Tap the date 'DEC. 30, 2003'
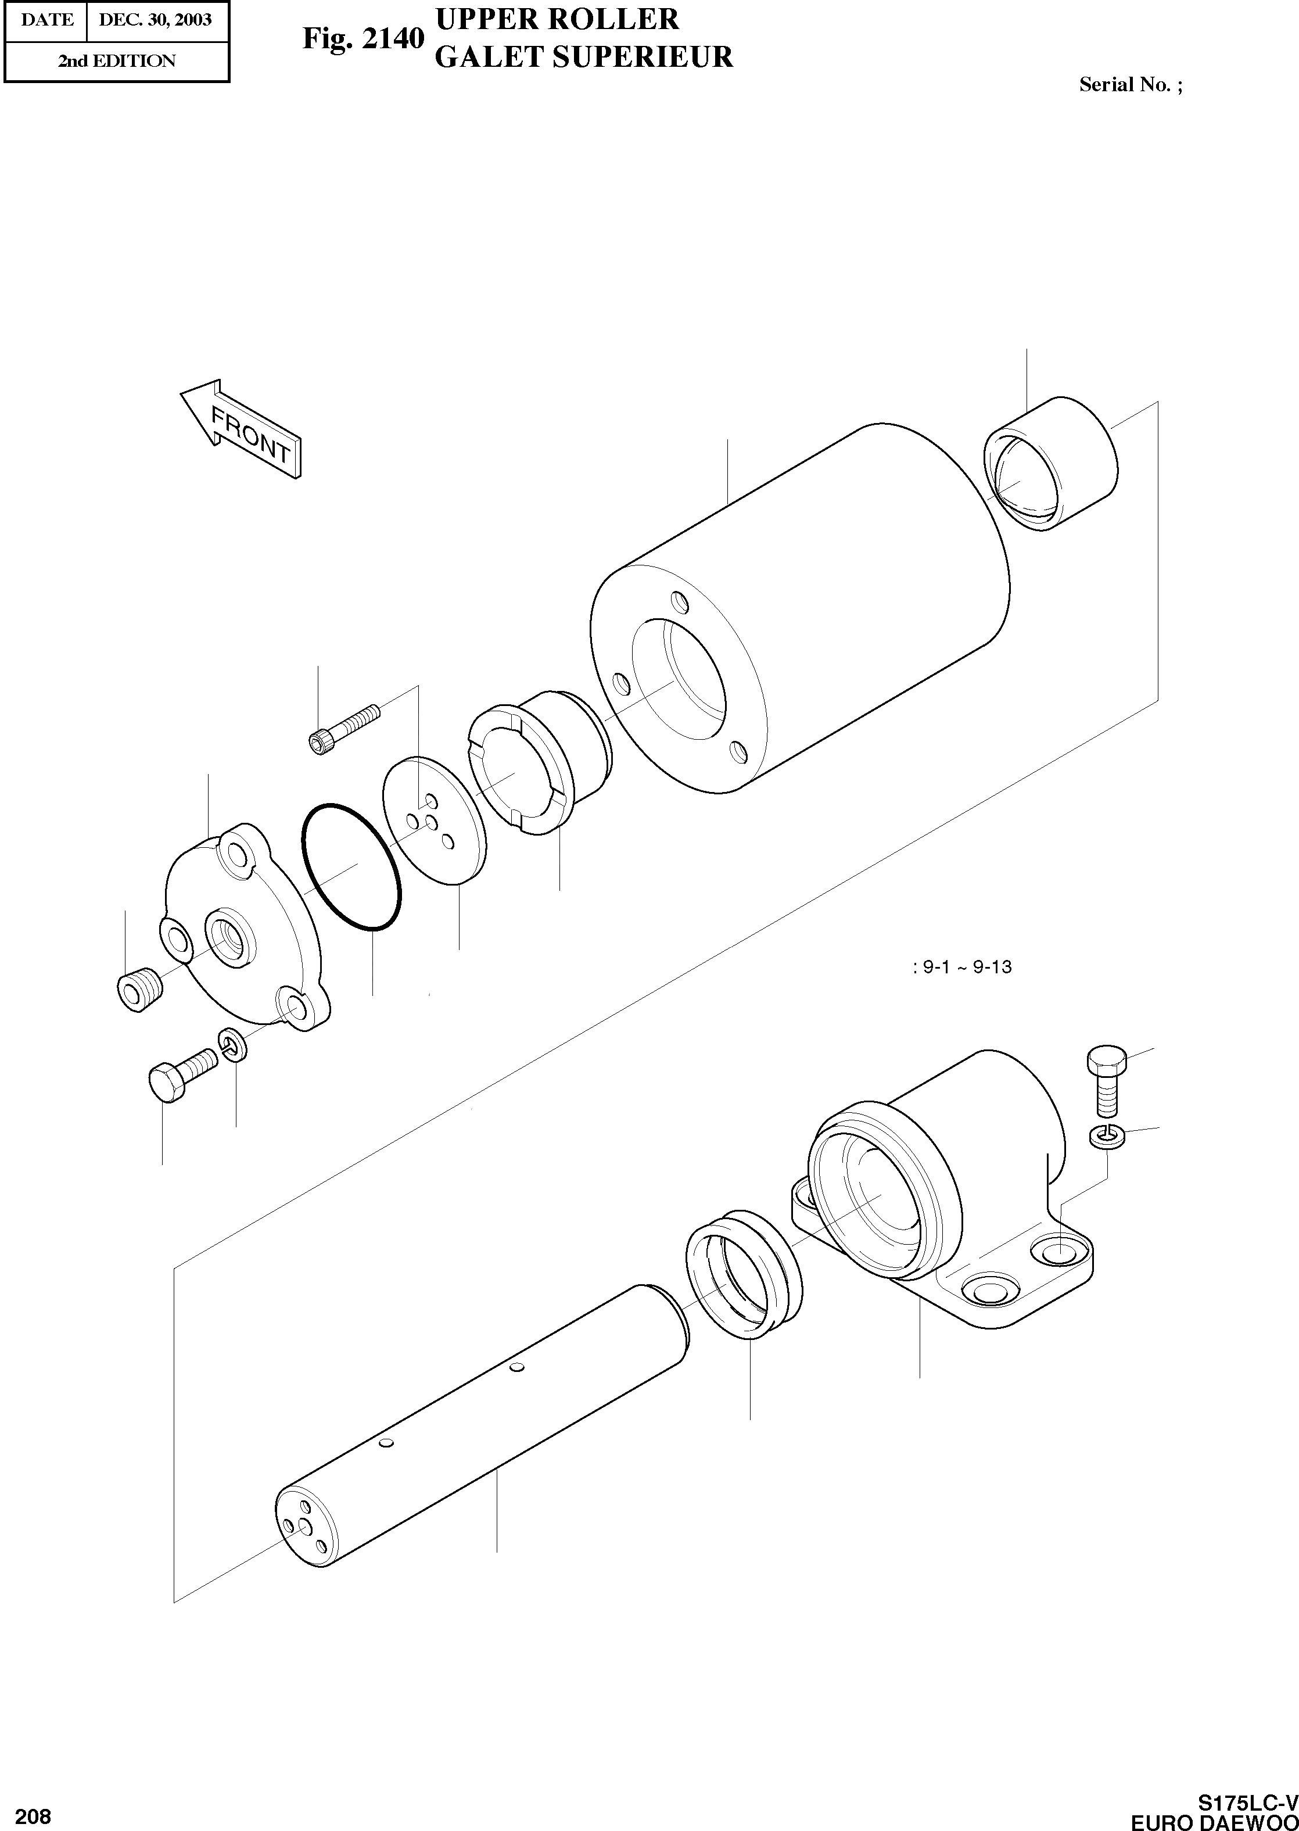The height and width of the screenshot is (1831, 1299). pos(155,20)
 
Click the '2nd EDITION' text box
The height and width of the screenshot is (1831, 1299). pos(116,62)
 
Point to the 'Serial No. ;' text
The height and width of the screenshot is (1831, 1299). pos(1130,85)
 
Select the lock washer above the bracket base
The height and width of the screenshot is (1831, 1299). pos(1106,1136)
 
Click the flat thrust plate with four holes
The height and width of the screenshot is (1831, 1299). pos(435,820)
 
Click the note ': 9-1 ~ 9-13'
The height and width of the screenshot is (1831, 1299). pos(961,967)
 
